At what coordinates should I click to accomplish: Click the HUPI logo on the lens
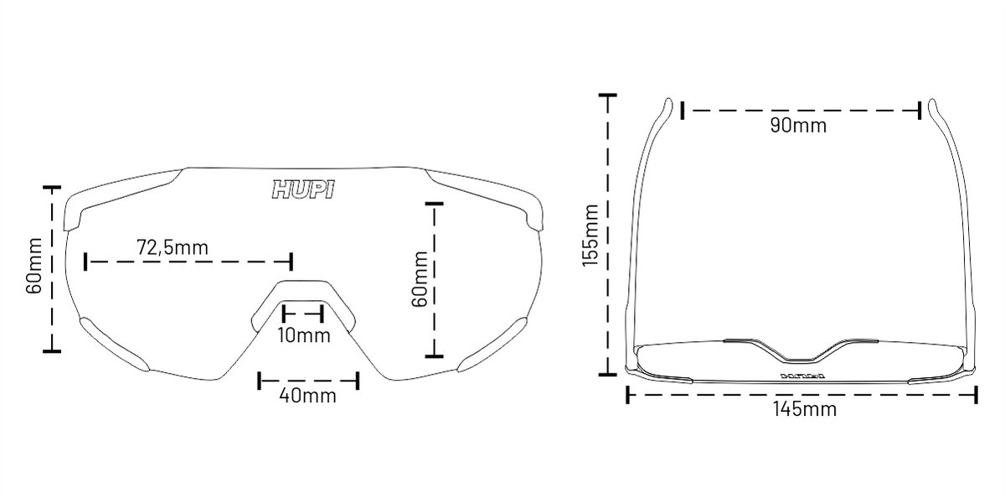click(303, 189)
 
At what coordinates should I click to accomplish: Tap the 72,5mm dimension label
click(173, 247)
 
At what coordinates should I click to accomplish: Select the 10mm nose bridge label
click(304, 335)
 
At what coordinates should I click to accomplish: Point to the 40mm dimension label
click(308, 396)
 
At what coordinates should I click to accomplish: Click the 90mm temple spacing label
click(799, 125)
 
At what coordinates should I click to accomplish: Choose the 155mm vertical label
click(590, 236)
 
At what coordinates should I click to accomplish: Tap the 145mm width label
click(805, 409)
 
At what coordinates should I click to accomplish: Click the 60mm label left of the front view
click(34, 266)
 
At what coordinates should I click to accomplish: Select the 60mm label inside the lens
click(420, 279)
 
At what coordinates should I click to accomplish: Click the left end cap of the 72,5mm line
click(85, 262)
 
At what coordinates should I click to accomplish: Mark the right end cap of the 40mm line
click(358, 381)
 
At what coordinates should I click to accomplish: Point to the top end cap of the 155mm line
click(607, 96)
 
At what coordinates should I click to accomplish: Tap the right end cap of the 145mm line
click(976, 395)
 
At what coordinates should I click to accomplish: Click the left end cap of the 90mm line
click(683, 111)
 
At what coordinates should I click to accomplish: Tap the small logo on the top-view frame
click(802, 376)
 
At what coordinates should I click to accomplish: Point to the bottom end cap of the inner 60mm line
click(434, 356)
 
